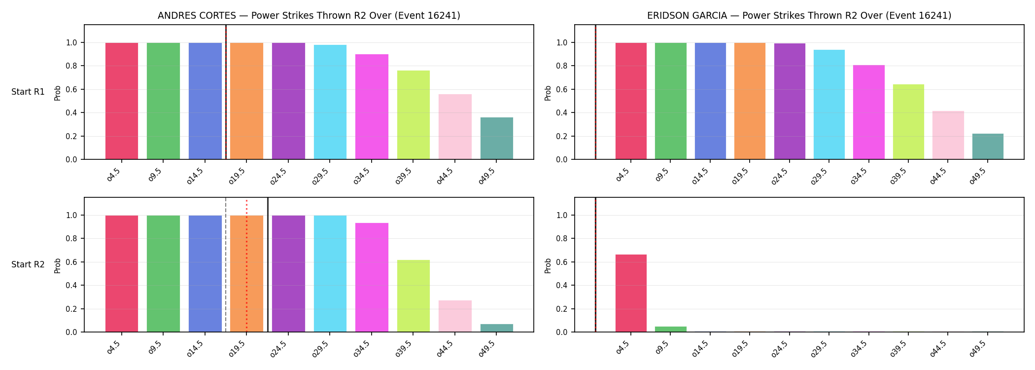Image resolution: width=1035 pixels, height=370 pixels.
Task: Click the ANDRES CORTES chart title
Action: point(309,16)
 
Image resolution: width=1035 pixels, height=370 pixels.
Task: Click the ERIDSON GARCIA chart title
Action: point(799,16)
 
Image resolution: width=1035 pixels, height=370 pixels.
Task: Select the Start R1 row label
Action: point(28,92)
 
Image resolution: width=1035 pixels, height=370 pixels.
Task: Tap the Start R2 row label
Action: point(28,265)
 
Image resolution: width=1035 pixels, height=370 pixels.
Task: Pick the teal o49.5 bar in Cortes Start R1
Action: point(496,138)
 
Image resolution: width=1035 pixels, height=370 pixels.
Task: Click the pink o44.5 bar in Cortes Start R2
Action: point(455,316)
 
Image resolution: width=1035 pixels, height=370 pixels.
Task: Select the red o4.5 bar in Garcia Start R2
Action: point(631,293)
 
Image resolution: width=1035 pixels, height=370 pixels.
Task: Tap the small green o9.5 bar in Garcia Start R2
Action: point(670,329)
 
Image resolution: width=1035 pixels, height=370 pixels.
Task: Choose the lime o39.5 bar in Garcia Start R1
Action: point(908,122)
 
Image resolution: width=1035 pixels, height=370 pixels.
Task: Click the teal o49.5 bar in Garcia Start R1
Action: point(988,147)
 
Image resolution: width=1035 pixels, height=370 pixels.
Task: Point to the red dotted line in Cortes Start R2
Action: point(246,266)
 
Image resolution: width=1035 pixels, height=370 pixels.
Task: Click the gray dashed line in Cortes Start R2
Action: point(226,265)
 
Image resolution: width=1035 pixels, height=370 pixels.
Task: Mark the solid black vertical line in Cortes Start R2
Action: point(268,265)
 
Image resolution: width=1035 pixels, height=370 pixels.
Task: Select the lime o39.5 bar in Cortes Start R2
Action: point(414,296)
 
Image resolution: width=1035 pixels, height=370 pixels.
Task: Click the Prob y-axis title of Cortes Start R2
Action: point(58,265)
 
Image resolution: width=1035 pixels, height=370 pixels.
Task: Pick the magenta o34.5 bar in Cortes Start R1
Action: point(372,107)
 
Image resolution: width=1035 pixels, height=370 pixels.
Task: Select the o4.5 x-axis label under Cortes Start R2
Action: point(114,348)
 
